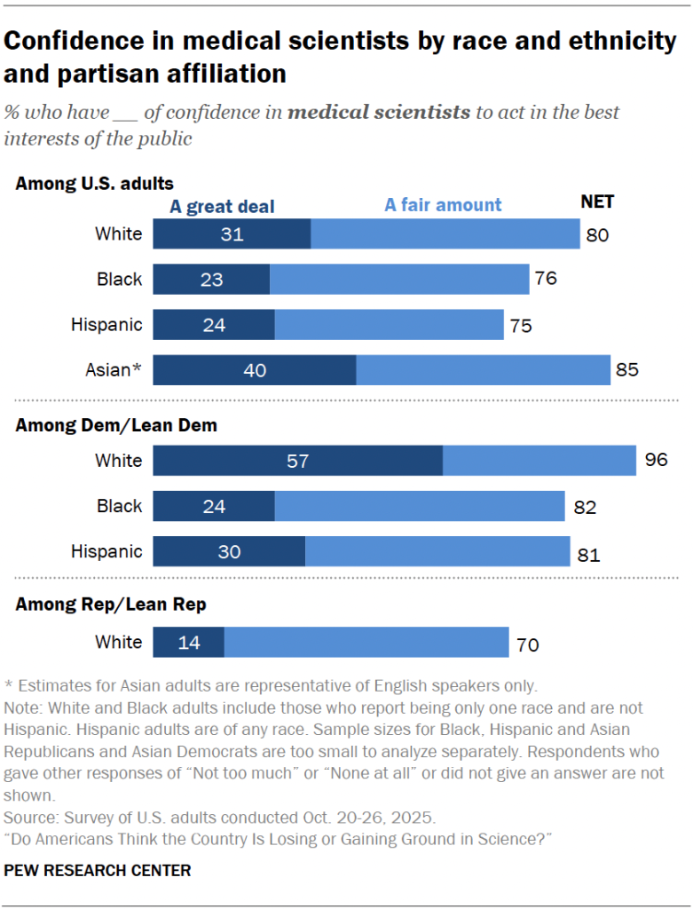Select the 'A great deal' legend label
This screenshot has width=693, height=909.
pos(222,207)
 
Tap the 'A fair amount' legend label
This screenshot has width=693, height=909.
pos(443,205)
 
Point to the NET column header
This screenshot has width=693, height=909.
pos(597,202)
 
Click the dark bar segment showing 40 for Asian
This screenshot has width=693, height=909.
pos(255,369)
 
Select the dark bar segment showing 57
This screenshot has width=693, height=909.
pos(297,461)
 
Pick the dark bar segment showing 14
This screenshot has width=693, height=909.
pos(189,643)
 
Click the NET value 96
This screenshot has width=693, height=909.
pos(656,461)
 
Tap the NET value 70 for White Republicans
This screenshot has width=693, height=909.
pos(528,644)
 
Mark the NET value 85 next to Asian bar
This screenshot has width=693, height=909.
pos(627,370)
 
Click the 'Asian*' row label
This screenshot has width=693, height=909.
pos(112,369)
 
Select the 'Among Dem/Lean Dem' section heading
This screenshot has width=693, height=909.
pos(116,425)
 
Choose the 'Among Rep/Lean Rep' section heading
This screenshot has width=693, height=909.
pos(111,605)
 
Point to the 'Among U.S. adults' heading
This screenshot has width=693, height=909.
pos(94,184)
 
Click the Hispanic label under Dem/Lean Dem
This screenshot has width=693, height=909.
pos(106,551)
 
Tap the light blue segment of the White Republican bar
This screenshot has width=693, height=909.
pos(366,643)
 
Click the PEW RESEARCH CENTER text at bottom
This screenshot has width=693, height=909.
pos(98,871)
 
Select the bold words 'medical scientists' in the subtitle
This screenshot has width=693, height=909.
pos(379,113)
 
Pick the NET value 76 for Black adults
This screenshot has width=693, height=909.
pos(546,279)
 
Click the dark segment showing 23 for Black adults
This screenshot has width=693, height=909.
pos(211,279)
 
